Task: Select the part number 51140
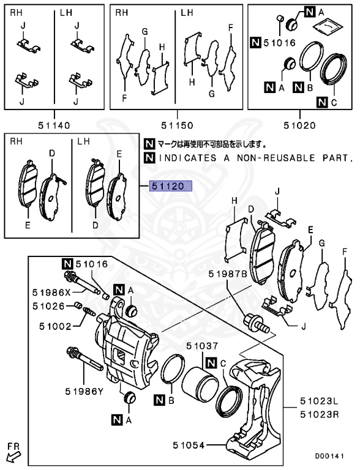pos(53,126)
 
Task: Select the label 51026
pos(50,305)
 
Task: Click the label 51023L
pos(319,402)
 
